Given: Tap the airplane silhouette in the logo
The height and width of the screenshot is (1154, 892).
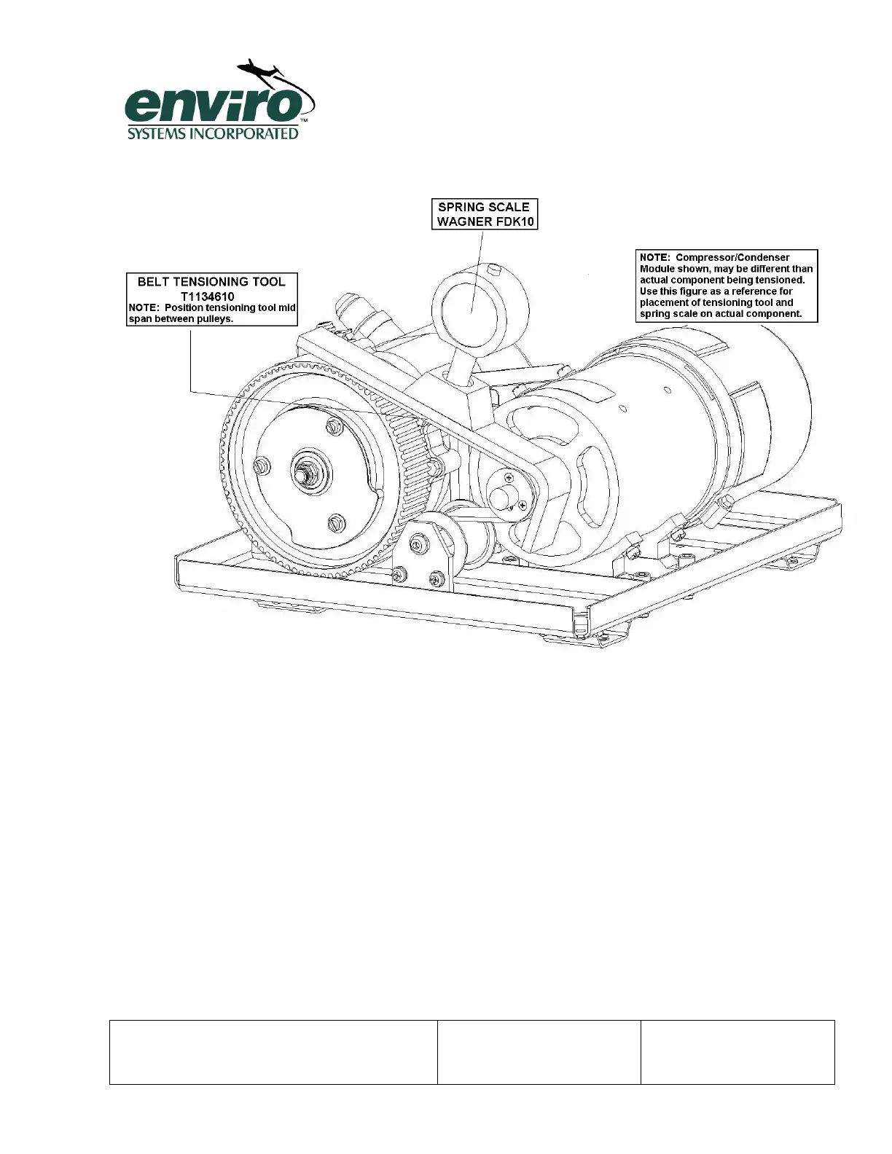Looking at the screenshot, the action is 259,70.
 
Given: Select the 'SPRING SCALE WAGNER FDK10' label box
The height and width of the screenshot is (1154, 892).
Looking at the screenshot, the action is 485,214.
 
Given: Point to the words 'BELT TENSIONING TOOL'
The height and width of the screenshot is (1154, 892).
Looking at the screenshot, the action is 211,282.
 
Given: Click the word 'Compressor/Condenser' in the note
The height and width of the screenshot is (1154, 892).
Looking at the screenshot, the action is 732,257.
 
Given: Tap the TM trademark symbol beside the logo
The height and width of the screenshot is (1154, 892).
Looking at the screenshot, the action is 304,121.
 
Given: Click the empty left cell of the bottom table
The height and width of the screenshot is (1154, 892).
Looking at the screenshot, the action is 273,1052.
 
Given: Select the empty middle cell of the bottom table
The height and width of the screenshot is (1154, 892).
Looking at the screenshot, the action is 539,1052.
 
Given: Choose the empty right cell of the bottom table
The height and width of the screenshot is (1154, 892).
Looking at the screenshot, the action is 738,1052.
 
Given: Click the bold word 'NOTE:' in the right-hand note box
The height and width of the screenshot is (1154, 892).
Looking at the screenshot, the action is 654,257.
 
